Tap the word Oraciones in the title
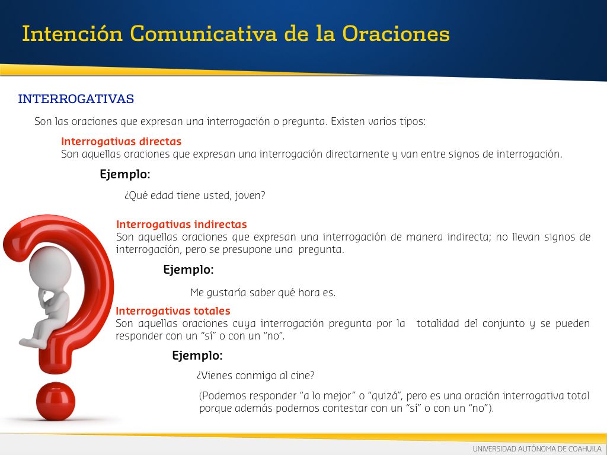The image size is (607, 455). pyautogui.click(x=395, y=33)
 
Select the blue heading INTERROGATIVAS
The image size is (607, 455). pyautogui.click(x=76, y=99)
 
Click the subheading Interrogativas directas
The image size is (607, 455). pyautogui.click(x=121, y=141)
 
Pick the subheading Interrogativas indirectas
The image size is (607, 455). pyautogui.click(x=181, y=225)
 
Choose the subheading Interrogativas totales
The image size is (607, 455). pyautogui.click(x=173, y=310)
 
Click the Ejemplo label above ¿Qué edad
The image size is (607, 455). pyautogui.click(x=124, y=175)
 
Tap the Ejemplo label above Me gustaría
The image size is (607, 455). pyautogui.click(x=188, y=270)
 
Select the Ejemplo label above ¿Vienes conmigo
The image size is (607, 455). pyautogui.click(x=197, y=355)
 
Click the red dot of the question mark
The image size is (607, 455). pyautogui.click(x=55, y=401)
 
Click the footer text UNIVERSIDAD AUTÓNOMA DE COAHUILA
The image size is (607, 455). pyautogui.click(x=537, y=449)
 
